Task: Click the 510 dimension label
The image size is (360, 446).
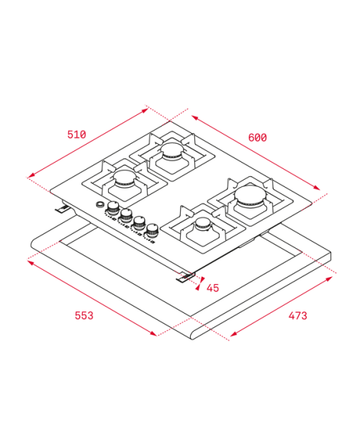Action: tap(76, 135)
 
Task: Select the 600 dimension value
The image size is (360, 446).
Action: tap(258, 137)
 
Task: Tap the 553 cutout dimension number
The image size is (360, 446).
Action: tap(84, 316)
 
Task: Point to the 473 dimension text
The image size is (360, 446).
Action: tap(297, 316)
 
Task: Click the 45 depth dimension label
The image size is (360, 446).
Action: tap(213, 288)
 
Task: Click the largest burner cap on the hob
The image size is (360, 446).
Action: tap(251, 194)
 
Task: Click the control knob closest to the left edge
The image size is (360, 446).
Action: tap(113, 207)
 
